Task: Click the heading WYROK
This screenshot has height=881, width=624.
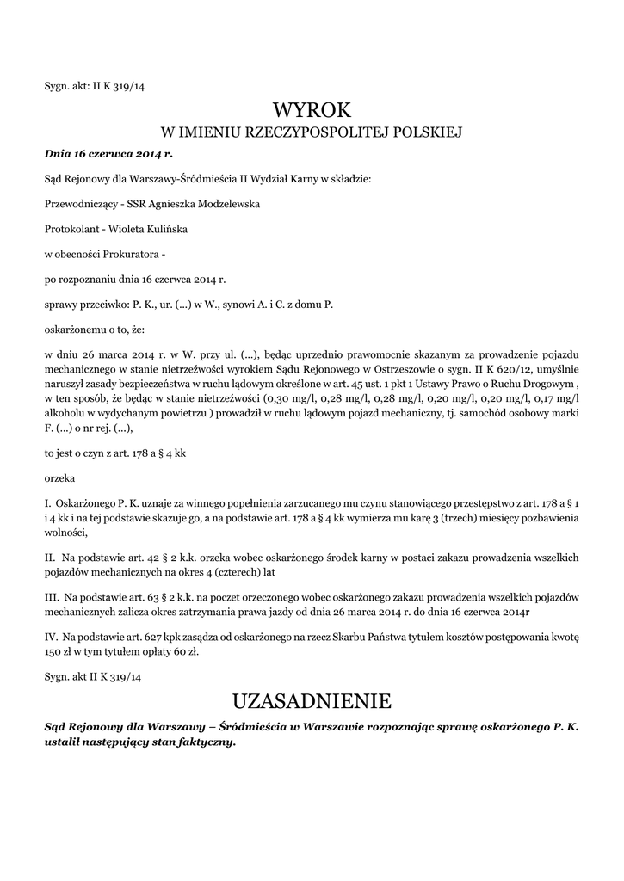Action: (312, 110)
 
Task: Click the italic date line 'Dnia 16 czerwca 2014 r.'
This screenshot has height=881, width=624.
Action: (108, 154)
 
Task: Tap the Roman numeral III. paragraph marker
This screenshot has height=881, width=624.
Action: (52, 596)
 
